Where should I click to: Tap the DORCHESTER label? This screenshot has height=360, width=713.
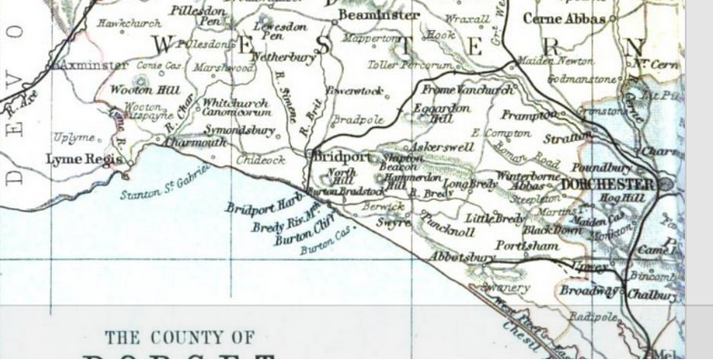point(608,185)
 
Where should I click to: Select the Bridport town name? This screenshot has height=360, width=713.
point(343,157)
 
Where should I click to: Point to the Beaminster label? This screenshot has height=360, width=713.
point(378,15)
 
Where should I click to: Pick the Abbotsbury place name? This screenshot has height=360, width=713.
point(464,257)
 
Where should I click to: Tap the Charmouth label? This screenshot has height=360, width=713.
point(196,143)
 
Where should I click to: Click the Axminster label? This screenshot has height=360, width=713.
point(91,66)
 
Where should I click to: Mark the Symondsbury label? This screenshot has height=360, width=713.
point(240,131)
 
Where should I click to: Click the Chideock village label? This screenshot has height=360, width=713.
point(260,160)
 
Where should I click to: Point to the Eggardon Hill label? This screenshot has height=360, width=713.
point(443,112)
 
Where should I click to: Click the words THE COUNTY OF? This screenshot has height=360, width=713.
point(179,337)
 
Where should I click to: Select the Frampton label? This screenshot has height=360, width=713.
point(527,115)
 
